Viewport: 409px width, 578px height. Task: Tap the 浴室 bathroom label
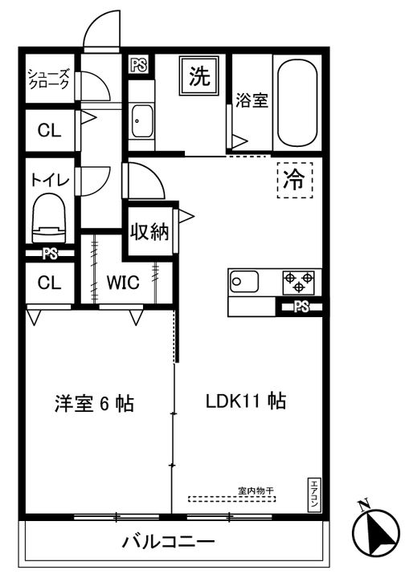coord(252,101)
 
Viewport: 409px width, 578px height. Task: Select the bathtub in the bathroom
coord(297,103)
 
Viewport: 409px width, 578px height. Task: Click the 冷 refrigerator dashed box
coord(295,180)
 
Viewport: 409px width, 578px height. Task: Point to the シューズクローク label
coord(49,80)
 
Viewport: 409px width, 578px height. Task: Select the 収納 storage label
coord(149,233)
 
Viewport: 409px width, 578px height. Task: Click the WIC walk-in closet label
coord(123,283)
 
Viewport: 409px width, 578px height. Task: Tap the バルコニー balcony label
coord(168,542)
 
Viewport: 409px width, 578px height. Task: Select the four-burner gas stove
coord(297,282)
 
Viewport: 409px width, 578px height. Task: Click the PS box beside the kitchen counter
coord(301,306)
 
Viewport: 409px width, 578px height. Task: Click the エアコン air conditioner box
coord(314,493)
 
